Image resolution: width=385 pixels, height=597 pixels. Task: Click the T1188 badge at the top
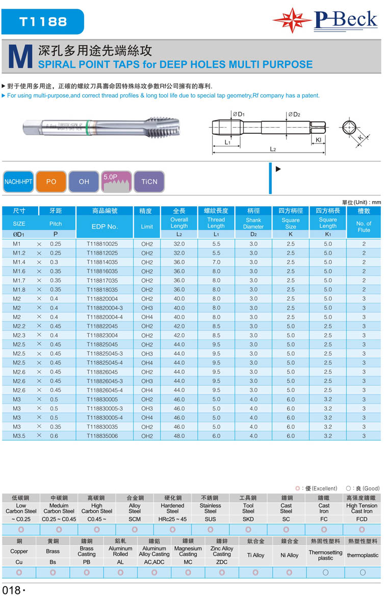click(x=43, y=21)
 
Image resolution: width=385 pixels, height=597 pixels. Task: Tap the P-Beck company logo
click(x=326, y=20)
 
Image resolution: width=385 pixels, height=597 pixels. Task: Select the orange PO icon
click(x=51, y=182)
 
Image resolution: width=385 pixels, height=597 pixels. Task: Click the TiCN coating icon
click(x=149, y=182)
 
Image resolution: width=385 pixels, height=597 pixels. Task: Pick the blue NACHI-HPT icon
click(x=18, y=182)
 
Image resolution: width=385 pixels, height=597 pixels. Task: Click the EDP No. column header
click(x=105, y=226)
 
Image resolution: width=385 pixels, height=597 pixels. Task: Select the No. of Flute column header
click(x=364, y=227)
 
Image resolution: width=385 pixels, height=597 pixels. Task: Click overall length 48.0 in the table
click(x=179, y=436)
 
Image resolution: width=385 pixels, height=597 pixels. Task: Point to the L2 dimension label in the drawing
click(x=273, y=149)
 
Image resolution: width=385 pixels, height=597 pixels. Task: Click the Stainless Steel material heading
click(x=210, y=508)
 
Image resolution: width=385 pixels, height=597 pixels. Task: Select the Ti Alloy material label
click(x=248, y=555)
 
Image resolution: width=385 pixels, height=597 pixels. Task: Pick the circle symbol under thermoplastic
click(x=363, y=573)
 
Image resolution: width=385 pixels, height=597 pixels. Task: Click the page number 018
click(x=11, y=590)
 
